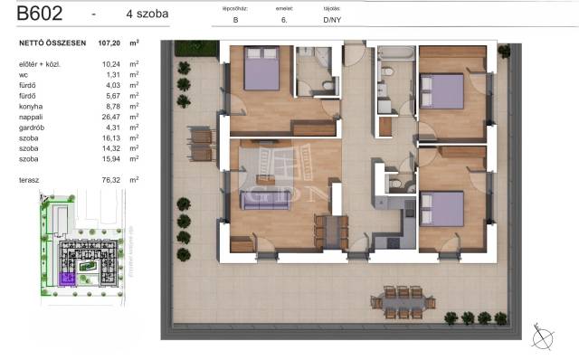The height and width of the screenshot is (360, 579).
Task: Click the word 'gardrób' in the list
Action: pos(32,128)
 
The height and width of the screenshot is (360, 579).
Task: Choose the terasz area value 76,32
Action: pos(109,180)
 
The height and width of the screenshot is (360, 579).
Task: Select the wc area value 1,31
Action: pos(111,76)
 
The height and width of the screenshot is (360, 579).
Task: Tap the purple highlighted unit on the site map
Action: pos(65,279)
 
